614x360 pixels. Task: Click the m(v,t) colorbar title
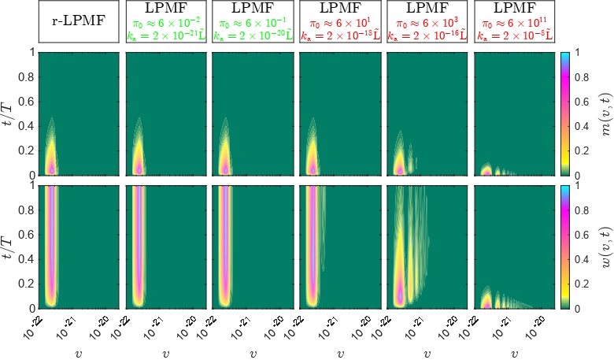click(602, 113)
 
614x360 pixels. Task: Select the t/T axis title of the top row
click(9, 113)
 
